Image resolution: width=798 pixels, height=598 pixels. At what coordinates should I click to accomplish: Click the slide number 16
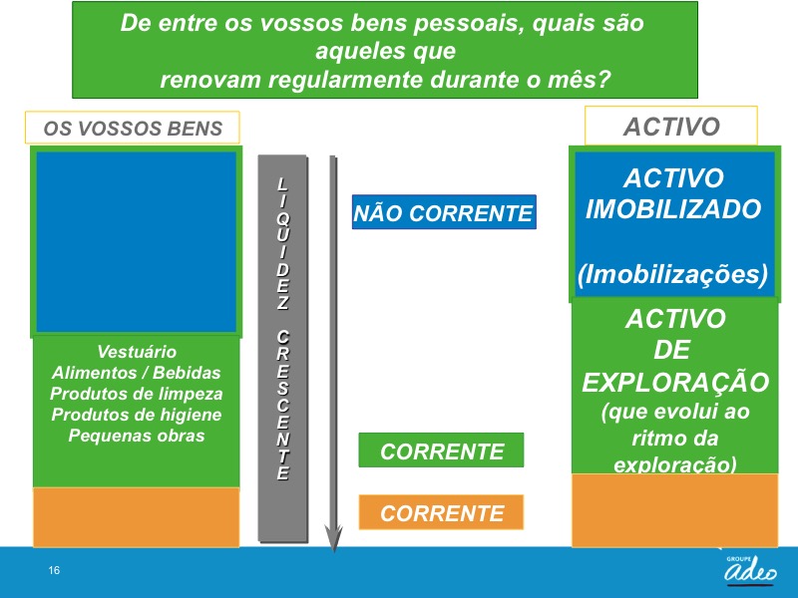click(x=54, y=570)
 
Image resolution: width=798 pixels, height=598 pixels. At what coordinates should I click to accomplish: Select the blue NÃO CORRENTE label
click(x=444, y=212)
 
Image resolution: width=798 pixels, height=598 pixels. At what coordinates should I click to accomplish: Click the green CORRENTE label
click(x=442, y=450)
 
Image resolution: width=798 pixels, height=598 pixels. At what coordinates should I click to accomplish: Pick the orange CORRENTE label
click(x=442, y=513)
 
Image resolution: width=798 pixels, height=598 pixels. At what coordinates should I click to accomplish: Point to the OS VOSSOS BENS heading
click(x=134, y=129)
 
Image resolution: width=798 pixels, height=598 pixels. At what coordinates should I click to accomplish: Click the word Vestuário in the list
click(x=137, y=352)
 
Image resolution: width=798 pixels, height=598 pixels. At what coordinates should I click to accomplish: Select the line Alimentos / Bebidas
click(x=137, y=373)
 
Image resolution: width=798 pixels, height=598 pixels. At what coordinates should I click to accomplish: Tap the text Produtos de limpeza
click(x=137, y=394)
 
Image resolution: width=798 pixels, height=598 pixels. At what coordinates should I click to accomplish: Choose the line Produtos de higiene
click(x=137, y=415)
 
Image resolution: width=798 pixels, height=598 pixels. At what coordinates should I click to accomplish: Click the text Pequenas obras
click(x=137, y=436)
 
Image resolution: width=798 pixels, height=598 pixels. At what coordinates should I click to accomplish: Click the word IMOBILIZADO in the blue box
click(x=673, y=209)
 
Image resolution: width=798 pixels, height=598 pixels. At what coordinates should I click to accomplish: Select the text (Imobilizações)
click(x=673, y=273)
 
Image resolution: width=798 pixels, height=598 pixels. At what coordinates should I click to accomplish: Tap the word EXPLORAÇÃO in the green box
click(x=675, y=383)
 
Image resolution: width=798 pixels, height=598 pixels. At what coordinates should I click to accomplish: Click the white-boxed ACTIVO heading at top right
click(x=671, y=127)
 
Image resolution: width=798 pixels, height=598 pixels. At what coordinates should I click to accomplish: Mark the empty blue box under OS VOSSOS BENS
click(x=136, y=241)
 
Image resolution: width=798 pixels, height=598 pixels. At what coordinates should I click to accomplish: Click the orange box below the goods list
click(x=136, y=516)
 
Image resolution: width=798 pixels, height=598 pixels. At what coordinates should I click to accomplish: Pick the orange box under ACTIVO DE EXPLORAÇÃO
click(x=674, y=509)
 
